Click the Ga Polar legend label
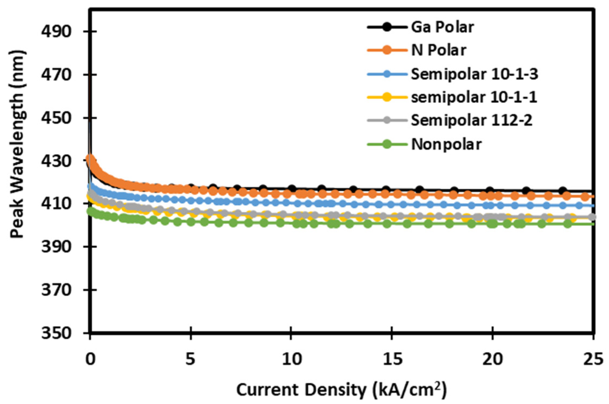click(442, 27)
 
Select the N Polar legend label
click(438, 50)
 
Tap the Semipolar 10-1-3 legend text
click(474, 74)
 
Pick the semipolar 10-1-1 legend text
click(474, 98)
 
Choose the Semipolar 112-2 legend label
click(472, 121)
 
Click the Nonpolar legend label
click(446, 144)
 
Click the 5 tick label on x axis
click(191, 360)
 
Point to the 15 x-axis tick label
click(391, 360)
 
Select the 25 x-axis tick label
click(593, 360)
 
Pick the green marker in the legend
click(387, 144)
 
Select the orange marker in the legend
click(387, 50)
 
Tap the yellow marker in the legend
click(387, 98)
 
